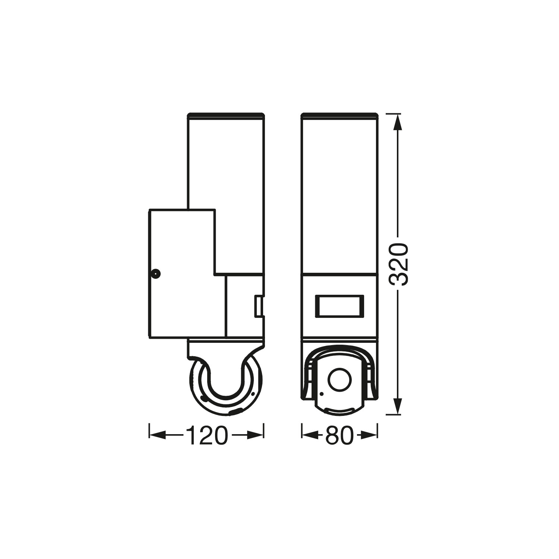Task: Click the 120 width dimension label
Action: coord(206,435)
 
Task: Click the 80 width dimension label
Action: coord(339,435)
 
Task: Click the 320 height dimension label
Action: coord(398,265)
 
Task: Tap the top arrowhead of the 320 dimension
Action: coord(398,122)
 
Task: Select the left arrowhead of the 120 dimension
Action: coord(157,435)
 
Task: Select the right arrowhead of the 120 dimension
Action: coord(255,435)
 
